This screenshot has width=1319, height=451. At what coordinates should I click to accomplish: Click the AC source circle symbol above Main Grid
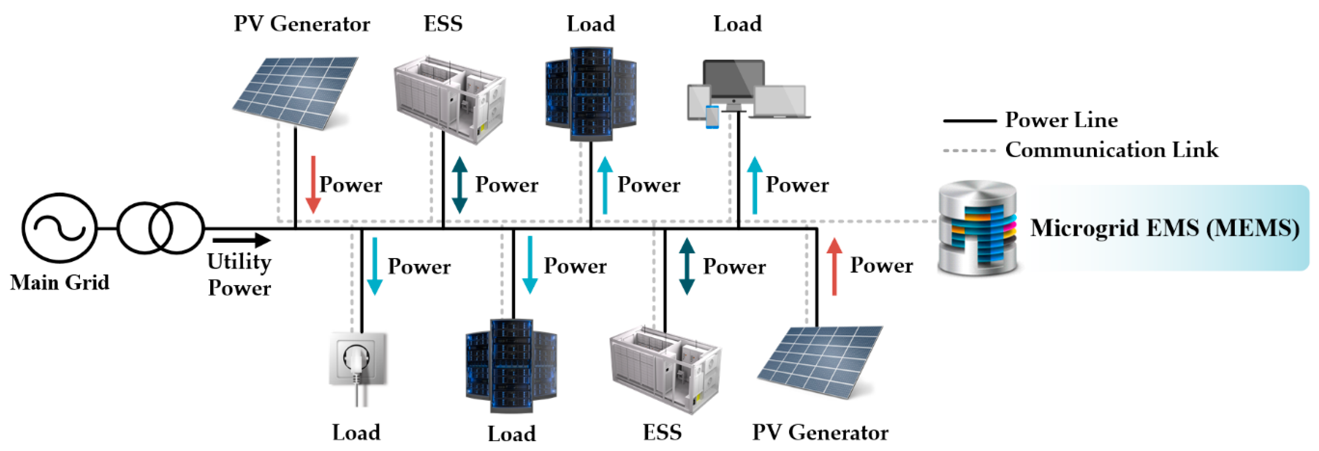[59, 228]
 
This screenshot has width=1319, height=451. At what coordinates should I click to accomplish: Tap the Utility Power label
[239, 274]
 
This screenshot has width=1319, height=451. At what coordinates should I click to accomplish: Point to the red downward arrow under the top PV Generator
[313, 184]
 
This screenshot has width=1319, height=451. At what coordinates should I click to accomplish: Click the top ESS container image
[449, 100]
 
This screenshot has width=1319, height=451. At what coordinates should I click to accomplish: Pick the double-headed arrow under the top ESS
[459, 184]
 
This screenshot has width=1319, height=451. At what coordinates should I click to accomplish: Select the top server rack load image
[591, 94]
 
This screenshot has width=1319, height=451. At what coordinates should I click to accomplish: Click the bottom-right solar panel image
[819, 361]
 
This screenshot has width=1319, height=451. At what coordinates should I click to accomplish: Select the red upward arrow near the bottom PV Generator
[834, 267]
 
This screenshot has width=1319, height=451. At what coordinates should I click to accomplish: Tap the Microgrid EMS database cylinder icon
[977, 228]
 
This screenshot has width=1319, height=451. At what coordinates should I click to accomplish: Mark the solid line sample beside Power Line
[969, 121]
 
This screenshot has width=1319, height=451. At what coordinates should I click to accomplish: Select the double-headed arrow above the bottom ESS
[687, 266]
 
